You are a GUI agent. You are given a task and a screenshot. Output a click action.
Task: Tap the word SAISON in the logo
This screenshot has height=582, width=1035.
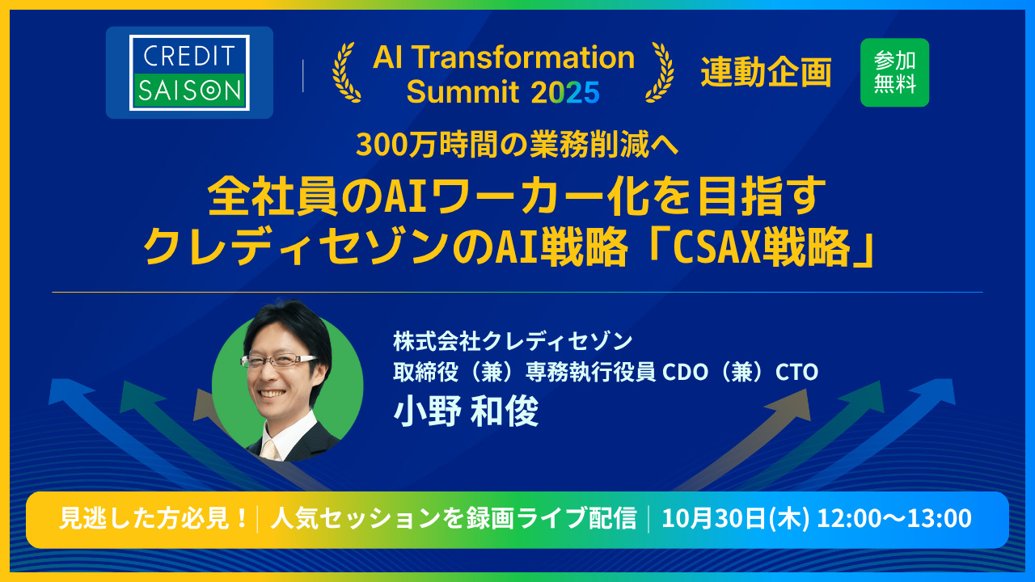pyautogui.click(x=189, y=91)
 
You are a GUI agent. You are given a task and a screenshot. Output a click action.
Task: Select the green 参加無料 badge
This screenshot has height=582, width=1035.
pyautogui.click(x=894, y=73)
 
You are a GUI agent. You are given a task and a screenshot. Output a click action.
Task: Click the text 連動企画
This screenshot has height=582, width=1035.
pyautogui.click(x=766, y=74)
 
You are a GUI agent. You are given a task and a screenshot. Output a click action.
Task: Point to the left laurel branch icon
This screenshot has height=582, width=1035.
pyautogui.click(x=346, y=72)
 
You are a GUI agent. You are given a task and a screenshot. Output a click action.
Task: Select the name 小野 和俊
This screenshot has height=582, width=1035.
pyautogui.click(x=466, y=412)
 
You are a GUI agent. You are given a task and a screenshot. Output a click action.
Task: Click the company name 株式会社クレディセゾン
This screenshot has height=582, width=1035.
pyautogui.click(x=513, y=341)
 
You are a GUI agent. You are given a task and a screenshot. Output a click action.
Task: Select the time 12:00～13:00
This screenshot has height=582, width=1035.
pyautogui.click(x=894, y=519)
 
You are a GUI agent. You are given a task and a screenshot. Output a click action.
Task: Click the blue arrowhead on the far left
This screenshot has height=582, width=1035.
pyautogui.click(x=61, y=390)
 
